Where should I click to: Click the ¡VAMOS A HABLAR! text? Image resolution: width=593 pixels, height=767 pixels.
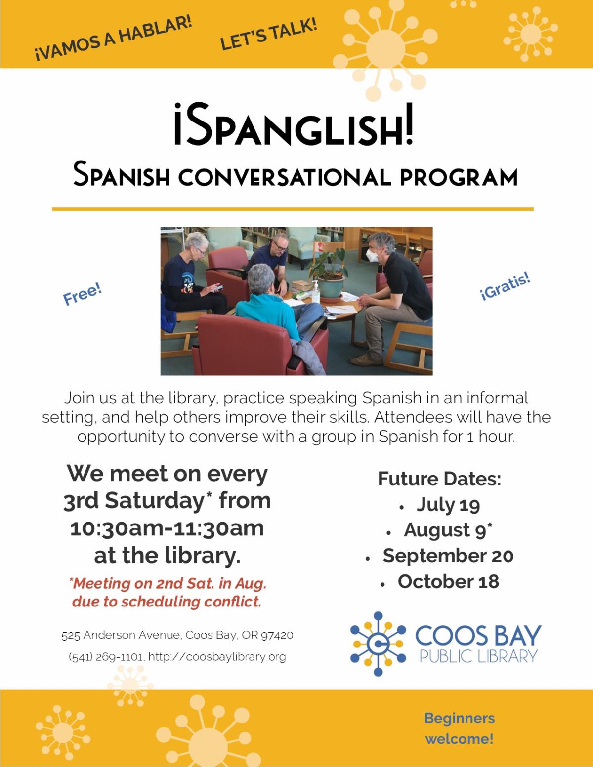[x=114, y=40]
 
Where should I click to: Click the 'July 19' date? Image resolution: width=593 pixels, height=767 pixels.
[x=448, y=505]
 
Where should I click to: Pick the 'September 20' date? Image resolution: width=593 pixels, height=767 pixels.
[x=448, y=556]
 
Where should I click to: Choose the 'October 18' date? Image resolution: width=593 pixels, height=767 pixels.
[x=448, y=581]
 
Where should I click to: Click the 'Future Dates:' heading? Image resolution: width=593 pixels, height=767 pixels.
[x=439, y=479]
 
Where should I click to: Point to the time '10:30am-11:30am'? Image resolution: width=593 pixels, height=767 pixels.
[x=167, y=528]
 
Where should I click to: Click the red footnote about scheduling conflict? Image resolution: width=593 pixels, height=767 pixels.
[x=167, y=592]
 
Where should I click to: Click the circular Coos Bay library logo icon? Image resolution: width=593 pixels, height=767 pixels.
[x=378, y=644]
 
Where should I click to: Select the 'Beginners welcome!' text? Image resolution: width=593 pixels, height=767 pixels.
[x=459, y=728]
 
